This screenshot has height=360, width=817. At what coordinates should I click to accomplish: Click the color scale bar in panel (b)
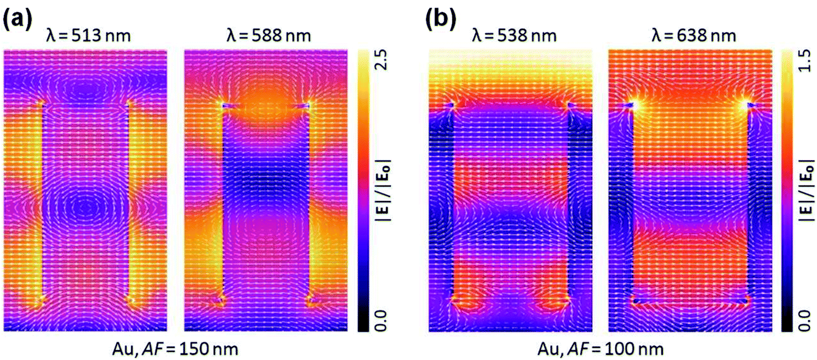coord(786,190)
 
